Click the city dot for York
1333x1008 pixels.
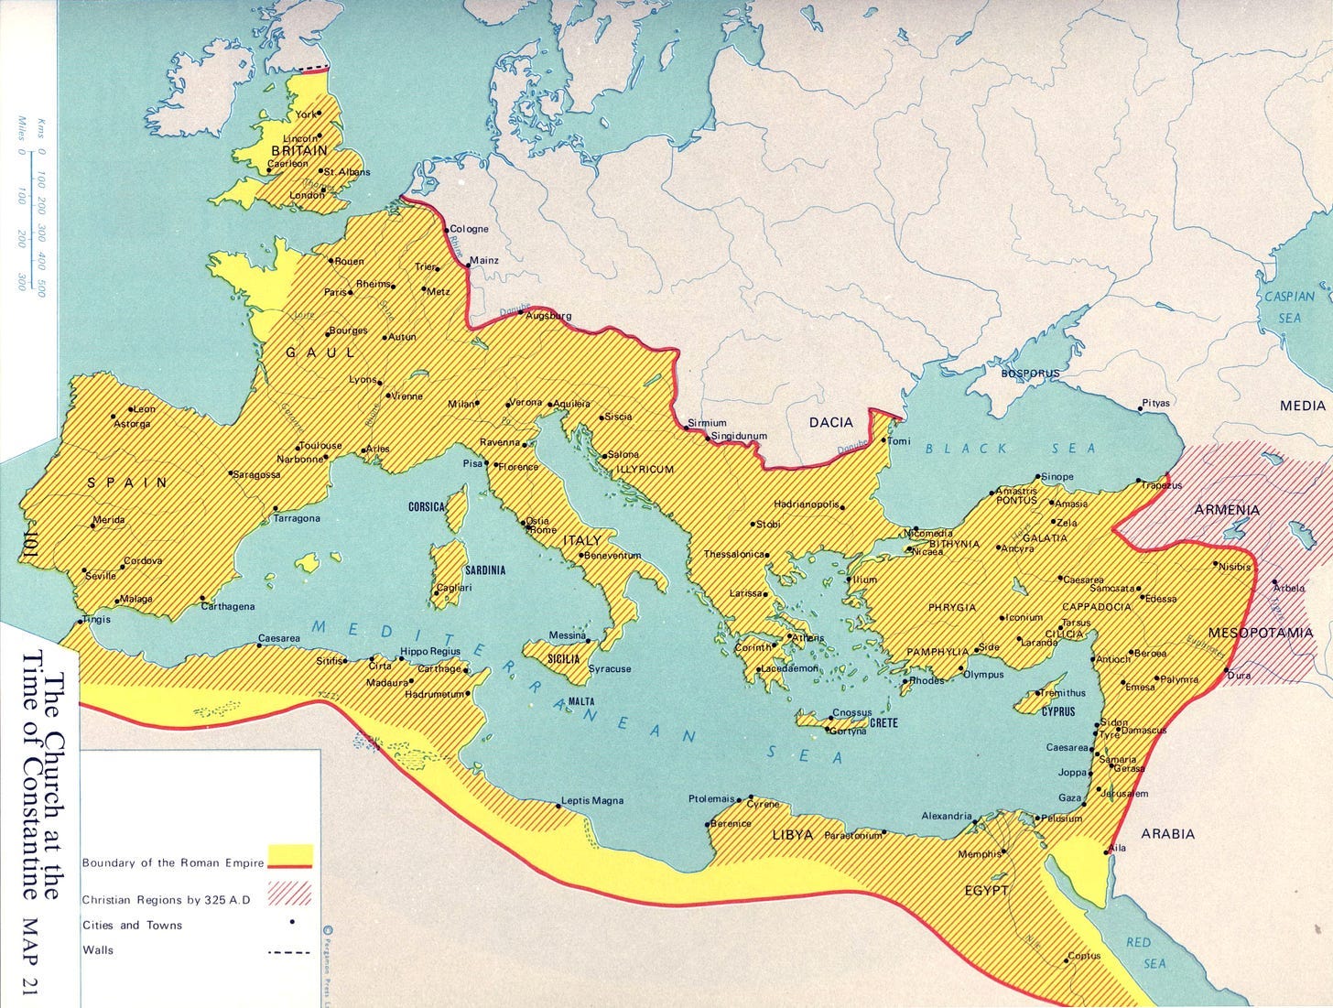319,114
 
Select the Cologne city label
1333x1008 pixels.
469,229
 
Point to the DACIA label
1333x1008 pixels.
830,422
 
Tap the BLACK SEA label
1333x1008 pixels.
1010,448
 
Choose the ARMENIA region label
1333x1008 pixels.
1226,510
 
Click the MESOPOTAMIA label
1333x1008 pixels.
1260,633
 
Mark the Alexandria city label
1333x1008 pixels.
947,816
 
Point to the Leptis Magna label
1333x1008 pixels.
592,800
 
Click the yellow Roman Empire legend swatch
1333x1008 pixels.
290,856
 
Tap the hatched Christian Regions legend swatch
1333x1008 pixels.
290,893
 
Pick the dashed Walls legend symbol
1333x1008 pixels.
289,952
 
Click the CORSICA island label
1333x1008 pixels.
426,506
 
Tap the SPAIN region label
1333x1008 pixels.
127,482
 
